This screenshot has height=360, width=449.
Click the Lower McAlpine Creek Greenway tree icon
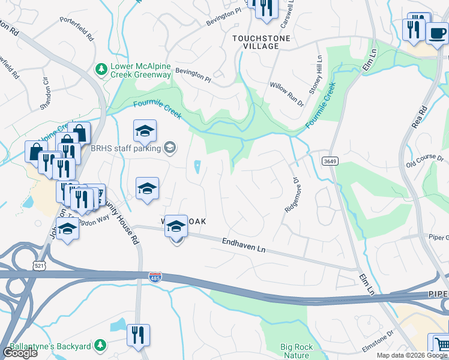[x=101, y=70]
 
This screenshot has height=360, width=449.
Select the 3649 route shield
[x=329, y=161]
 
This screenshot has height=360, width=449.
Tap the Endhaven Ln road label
[x=244, y=245]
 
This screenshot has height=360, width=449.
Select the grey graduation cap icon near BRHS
[x=169, y=148]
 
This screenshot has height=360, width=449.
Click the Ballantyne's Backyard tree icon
[x=100, y=345]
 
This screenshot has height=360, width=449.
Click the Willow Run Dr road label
[x=287, y=95]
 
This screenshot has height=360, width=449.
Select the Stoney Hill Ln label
[x=316, y=75]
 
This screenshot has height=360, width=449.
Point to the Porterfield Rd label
[x=77, y=28]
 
